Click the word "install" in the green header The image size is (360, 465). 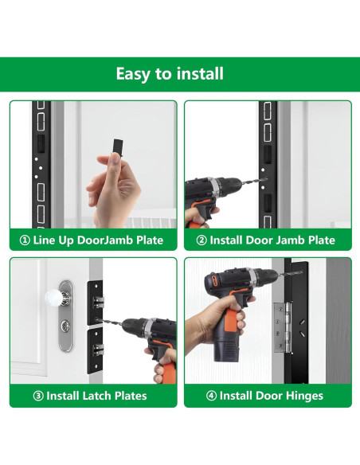pyautogui.click(x=200, y=73)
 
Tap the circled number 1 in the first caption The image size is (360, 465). pyautogui.click(x=25, y=240)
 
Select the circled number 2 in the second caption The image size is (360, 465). pyautogui.click(x=202, y=240)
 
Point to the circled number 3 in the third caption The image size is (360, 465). pyautogui.click(x=38, y=396)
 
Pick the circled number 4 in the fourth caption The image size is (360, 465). pyautogui.click(x=211, y=396)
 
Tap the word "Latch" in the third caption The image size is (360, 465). pyautogui.click(x=97, y=396)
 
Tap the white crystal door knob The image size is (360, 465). pyautogui.click(x=54, y=298)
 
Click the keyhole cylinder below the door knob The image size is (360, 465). pyautogui.click(x=65, y=326)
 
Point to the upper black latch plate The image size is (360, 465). pyautogui.click(x=95, y=303)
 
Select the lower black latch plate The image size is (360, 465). pyautogui.click(x=95, y=350)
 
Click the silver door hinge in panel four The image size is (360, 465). pyautogui.click(x=282, y=327)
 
